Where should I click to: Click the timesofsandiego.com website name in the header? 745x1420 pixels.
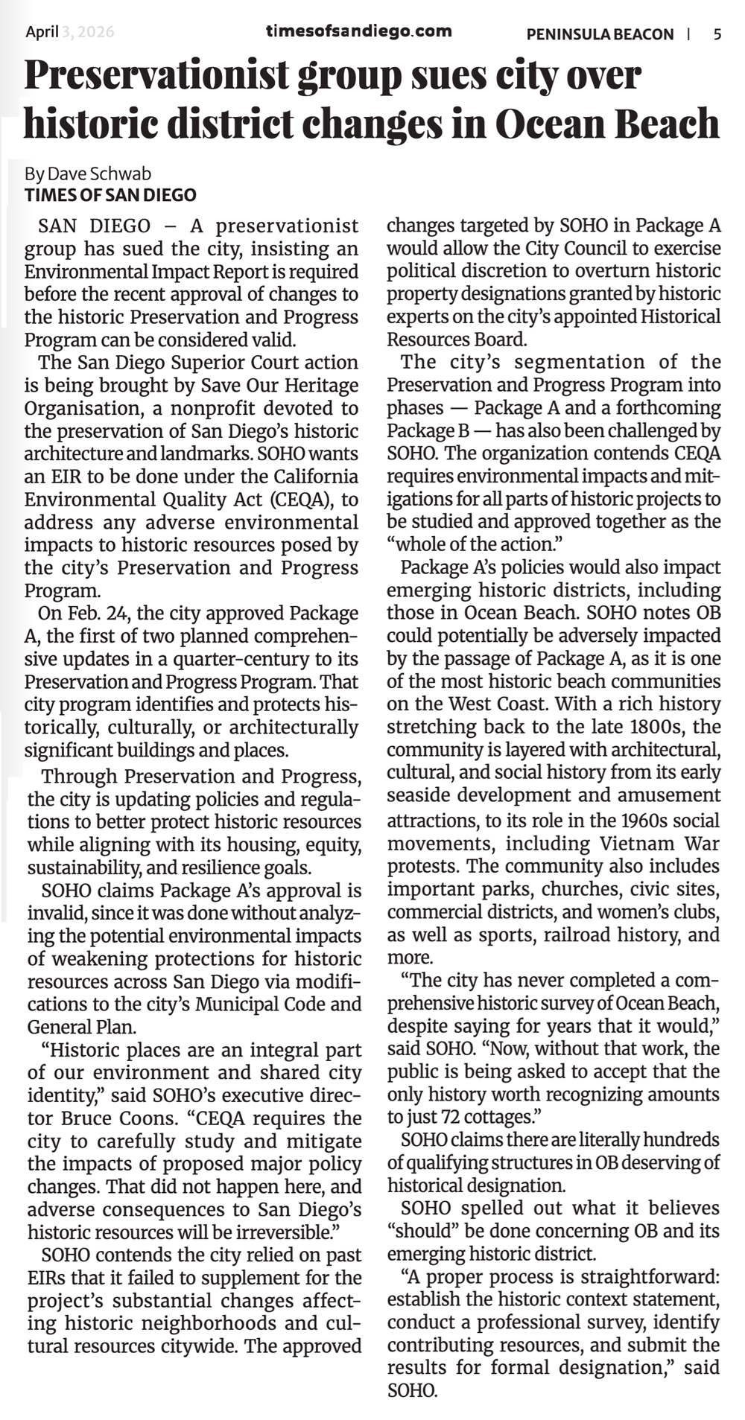358,31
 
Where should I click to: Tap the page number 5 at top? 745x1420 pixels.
717,34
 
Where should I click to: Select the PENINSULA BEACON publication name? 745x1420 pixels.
600,34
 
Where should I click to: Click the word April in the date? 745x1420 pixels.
42,32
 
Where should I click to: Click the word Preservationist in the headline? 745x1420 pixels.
156,75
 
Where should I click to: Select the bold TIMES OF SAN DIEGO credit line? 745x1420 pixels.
110,195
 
